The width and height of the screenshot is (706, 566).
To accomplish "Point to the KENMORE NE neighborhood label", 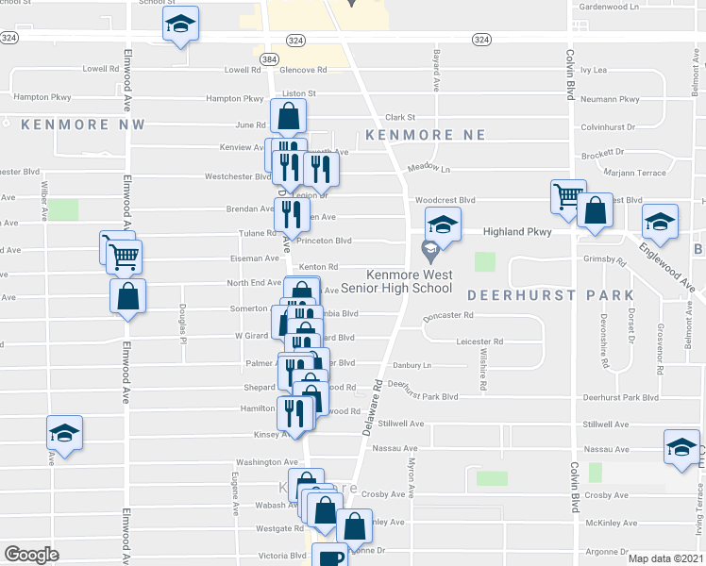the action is pos(426,135).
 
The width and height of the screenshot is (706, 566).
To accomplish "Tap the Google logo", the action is pos(31,555).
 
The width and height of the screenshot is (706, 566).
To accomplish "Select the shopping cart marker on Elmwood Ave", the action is pos(125,255).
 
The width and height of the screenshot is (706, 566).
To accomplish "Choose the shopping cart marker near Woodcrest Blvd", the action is pos(568,197).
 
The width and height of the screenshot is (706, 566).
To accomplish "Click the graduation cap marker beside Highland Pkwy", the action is pos(442,224).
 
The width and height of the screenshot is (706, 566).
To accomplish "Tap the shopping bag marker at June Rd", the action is pos(289,116).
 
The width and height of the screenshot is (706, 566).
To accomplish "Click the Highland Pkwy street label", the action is pos(516,231).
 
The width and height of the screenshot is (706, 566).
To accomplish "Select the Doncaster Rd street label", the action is pos(447,316).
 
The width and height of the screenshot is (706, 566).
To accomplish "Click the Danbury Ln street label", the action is pos(412,364).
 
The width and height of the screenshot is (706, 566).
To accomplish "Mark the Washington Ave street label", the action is pos(266,462).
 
